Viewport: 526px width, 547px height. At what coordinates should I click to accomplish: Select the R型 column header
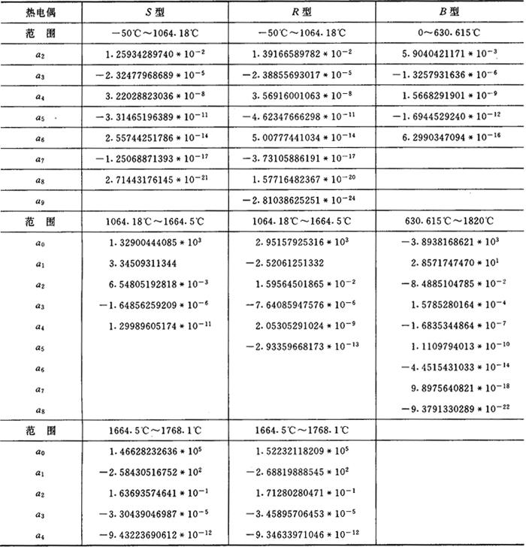(302, 12)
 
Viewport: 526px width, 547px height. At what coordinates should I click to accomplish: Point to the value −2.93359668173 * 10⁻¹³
(305, 345)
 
